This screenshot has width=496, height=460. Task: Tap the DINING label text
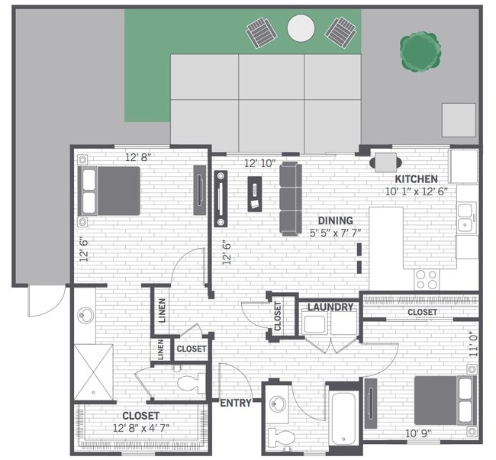[x=335, y=220]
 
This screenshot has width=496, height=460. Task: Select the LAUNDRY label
[x=330, y=307]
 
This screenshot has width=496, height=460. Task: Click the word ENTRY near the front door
[x=235, y=403]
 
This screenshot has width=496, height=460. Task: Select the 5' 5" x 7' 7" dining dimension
[x=335, y=233]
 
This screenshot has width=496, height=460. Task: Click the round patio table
[x=301, y=29]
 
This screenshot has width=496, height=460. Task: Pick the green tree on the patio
[x=420, y=50]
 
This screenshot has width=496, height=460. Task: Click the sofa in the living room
[x=290, y=198]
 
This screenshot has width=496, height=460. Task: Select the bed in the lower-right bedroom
[x=445, y=400]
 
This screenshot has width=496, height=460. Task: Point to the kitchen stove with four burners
[x=427, y=279]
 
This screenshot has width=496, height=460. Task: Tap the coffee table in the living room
[x=254, y=193]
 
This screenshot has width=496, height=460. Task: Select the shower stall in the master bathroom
[x=94, y=372]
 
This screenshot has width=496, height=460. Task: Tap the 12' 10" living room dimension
[x=259, y=163]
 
